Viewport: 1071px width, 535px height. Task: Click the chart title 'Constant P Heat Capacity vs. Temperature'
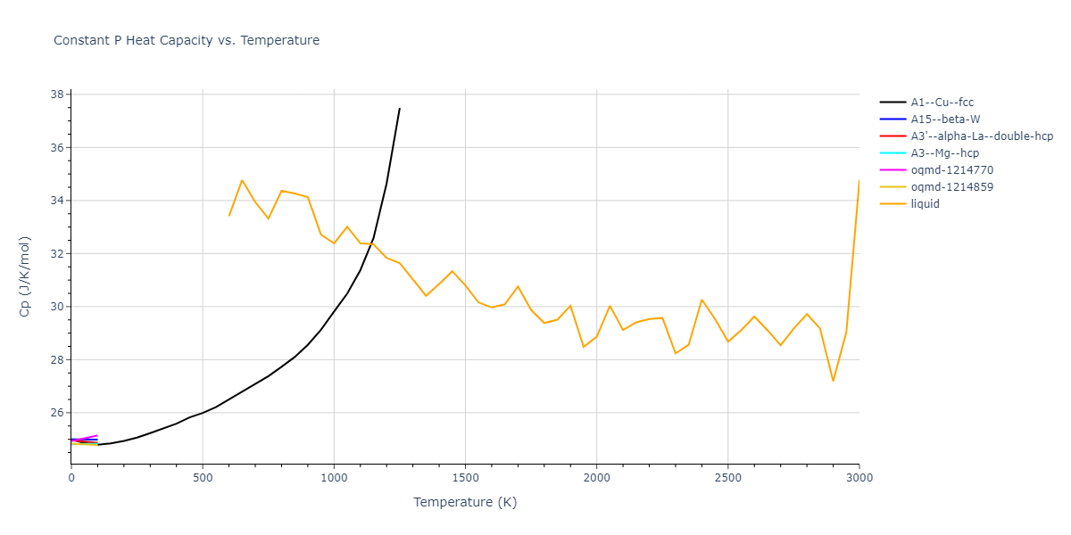(x=187, y=40)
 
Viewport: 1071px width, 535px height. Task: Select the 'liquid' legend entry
(x=925, y=204)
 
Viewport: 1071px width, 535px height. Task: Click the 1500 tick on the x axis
(x=465, y=478)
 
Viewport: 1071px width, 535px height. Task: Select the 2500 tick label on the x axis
(x=727, y=478)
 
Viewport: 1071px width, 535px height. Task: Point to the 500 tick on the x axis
(x=203, y=478)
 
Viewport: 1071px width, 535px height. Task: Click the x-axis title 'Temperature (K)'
(x=465, y=502)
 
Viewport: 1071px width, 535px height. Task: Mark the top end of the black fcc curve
(x=399, y=109)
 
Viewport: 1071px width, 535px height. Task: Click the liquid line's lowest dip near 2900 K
(x=833, y=381)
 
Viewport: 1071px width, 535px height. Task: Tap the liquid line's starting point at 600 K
(x=229, y=216)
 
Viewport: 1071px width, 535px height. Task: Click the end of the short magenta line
(x=97, y=435)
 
